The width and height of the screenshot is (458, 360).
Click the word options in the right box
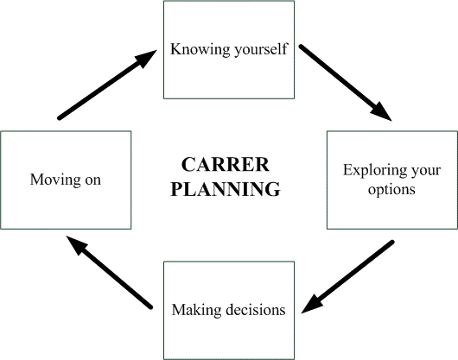(x=391, y=190)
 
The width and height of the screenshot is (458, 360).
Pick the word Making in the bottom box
(x=196, y=310)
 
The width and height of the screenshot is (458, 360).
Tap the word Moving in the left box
(x=55, y=180)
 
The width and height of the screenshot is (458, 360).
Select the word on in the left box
(x=92, y=180)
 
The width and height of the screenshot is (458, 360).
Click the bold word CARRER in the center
(x=226, y=165)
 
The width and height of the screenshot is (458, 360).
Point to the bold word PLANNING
(x=226, y=189)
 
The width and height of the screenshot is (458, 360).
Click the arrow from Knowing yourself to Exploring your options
(x=345, y=83)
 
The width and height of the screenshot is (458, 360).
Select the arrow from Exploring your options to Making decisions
(x=347, y=277)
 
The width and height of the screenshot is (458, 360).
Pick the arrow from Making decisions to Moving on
(x=110, y=272)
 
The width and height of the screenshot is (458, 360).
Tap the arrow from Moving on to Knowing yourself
(x=107, y=85)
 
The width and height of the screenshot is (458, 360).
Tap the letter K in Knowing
(x=176, y=49)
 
